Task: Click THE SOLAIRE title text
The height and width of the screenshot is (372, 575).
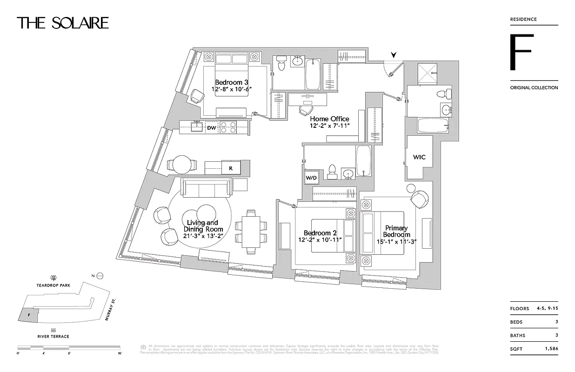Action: tap(63, 23)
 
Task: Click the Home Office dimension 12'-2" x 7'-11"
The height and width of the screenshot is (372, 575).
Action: tap(329, 126)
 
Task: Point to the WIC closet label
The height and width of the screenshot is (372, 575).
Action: tap(419, 157)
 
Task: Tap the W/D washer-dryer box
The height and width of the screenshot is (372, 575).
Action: tap(311, 177)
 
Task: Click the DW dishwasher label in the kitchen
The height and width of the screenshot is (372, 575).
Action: tap(212, 127)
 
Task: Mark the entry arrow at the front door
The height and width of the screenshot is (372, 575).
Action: tap(394, 55)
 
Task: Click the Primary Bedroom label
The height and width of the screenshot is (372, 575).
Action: tap(396, 231)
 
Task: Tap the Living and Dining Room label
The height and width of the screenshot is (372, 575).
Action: tap(203, 226)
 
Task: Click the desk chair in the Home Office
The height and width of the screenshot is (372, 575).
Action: tap(305, 111)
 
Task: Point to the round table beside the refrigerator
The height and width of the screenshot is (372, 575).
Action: tap(181, 165)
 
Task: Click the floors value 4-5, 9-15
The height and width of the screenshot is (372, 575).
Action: tap(544, 309)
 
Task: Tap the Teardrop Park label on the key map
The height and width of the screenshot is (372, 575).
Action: tap(54, 285)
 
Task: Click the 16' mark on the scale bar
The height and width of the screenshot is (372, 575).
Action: tap(120, 353)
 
